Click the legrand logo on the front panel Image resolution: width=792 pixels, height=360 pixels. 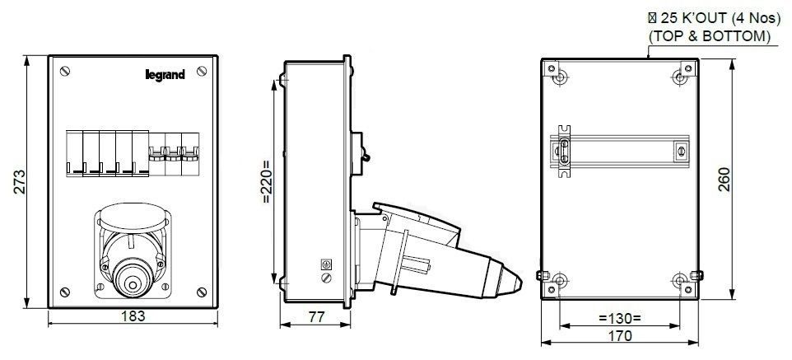click(165, 75)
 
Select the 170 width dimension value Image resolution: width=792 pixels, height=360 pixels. click(620, 335)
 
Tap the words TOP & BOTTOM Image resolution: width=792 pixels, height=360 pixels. click(709, 37)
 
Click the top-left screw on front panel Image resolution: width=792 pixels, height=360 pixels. click(65, 73)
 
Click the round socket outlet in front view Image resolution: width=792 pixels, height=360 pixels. click(132, 278)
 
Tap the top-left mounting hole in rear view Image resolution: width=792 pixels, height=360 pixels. click(561, 77)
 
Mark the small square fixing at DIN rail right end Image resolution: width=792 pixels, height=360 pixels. click(680, 151)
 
